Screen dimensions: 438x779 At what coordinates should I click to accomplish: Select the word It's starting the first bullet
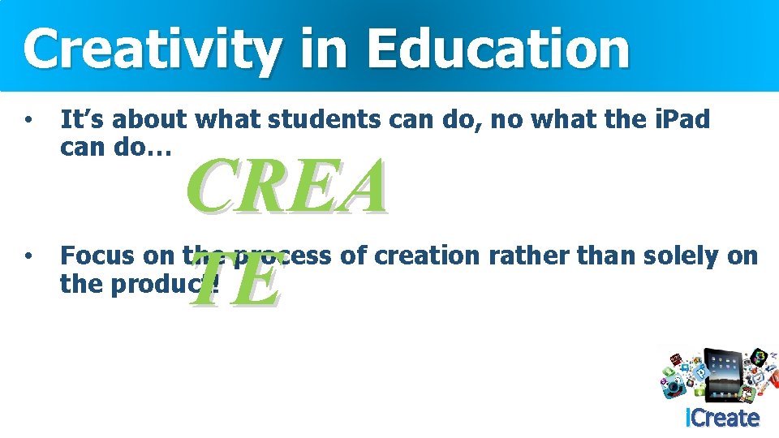coord(82,120)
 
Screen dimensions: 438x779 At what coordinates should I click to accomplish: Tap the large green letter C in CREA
coord(218,187)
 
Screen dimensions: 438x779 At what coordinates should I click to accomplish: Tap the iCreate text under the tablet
coord(722,419)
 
